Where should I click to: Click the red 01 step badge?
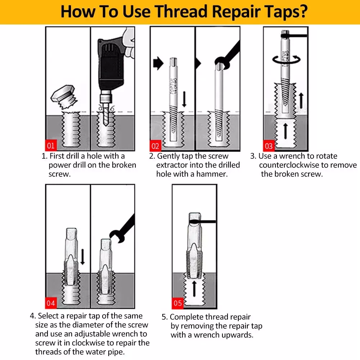(50, 145)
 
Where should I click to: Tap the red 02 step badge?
(155, 146)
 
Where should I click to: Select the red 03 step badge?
(269, 145)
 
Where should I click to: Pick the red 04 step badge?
(50, 303)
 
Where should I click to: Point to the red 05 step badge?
(177, 303)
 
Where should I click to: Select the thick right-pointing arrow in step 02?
(158, 63)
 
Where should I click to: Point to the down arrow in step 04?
(83, 256)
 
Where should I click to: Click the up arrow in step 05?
(194, 288)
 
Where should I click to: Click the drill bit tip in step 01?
(105, 124)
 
